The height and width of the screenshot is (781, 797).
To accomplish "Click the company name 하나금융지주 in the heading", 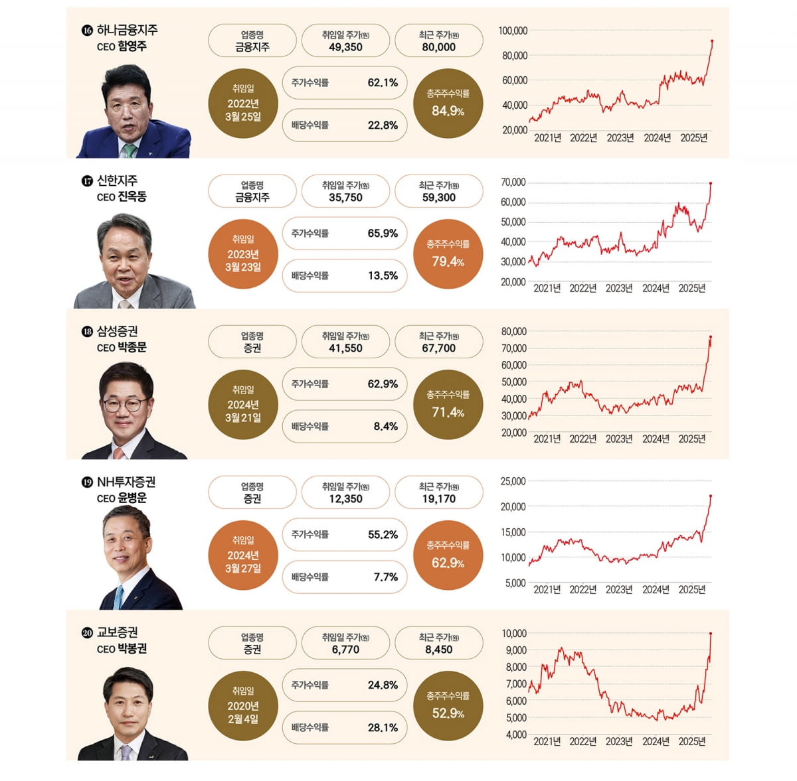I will point(127,30).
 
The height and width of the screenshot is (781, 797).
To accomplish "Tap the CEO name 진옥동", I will point(132,196).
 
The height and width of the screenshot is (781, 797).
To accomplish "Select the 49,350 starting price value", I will point(345,47).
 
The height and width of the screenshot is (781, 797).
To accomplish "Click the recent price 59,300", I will point(438,198).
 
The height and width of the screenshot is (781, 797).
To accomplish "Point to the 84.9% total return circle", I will point(448,104).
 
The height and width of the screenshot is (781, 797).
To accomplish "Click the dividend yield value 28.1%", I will point(383,727).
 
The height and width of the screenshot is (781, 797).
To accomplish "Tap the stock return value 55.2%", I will point(383,534).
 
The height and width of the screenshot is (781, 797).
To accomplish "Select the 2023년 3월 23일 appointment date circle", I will point(243,254).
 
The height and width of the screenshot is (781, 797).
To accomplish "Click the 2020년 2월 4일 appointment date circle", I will point(243,706).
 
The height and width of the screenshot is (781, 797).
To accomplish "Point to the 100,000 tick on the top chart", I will point(513,31).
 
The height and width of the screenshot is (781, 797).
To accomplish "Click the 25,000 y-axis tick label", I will point(513,481).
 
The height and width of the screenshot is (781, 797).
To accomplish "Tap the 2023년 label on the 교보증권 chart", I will point(619,741).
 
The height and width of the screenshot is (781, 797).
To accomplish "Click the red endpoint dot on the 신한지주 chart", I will point(711,183).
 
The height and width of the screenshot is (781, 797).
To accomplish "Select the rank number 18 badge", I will point(86,332).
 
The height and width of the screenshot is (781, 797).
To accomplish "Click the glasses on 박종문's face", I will point(125,403).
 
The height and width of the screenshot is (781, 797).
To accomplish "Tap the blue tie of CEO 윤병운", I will point(118,597).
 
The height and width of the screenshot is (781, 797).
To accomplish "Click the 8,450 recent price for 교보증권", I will point(438,650).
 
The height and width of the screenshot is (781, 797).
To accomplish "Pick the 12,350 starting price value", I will point(345,499).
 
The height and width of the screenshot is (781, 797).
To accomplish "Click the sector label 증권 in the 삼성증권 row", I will point(252,348).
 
